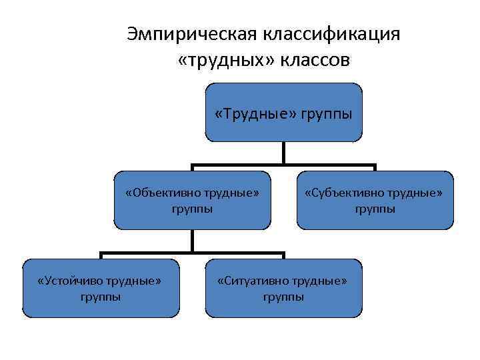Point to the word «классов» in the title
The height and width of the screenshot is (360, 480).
(x=313, y=61)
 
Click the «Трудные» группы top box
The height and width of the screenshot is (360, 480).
(x=283, y=113)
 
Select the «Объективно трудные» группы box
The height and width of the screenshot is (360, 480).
(x=192, y=200)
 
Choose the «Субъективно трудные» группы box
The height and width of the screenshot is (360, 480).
(x=375, y=200)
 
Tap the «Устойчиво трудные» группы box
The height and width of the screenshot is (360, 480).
(x=101, y=287)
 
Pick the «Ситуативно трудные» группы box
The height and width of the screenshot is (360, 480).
(x=283, y=287)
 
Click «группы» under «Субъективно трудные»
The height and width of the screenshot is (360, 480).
(x=375, y=209)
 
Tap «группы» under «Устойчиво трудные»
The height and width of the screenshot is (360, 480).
(x=101, y=297)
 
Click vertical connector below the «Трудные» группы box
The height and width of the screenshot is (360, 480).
(x=283, y=153)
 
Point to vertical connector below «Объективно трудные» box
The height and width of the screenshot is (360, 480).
(x=192, y=241)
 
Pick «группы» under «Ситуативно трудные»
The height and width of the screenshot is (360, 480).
(x=283, y=297)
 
